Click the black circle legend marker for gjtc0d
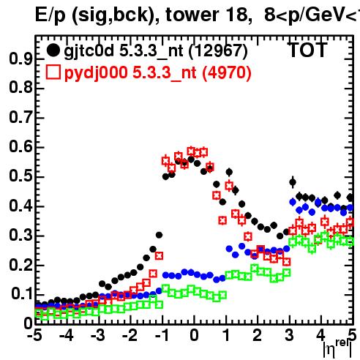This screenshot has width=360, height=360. click(53, 50)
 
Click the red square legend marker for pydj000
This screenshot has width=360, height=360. click(53, 72)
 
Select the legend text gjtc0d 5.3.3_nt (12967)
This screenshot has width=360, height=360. click(156, 51)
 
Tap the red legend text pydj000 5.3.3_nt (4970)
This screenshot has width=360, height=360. click(158, 73)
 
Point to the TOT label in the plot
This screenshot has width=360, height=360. click(308, 50)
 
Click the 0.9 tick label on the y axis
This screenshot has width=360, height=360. click(20, 59)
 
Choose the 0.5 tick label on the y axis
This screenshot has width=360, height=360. click(20, 176)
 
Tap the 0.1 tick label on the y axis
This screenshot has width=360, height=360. click(21, 294)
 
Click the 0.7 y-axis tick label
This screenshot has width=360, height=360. click(20, 118)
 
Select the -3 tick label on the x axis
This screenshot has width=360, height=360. click(98, 335)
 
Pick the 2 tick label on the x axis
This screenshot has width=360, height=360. click(258, 335)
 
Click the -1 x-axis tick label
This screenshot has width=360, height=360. click(162, 335)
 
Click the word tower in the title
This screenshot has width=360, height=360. click(192, 15)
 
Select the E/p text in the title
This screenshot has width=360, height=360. click(50, 15)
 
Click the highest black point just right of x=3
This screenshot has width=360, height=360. click(293, 182)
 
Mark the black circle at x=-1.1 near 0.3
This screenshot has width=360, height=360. click(159, 235)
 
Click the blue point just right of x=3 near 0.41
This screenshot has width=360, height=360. click(293, 202)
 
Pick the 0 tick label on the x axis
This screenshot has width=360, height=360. click(194, 335)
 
